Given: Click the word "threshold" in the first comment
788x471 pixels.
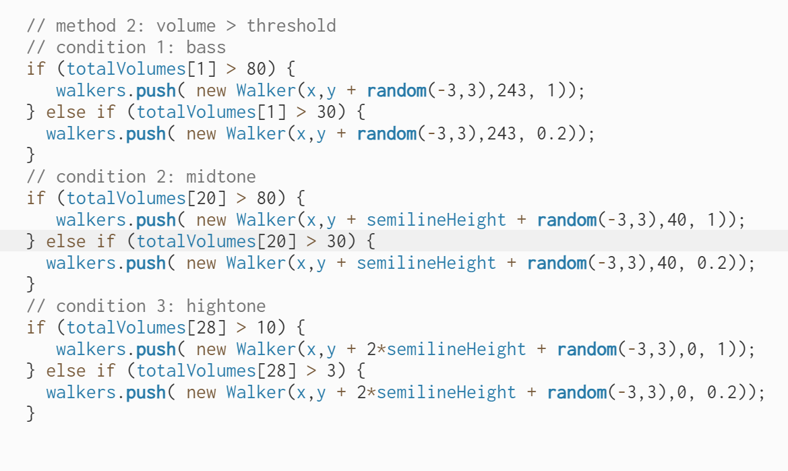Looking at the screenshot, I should (291, 26).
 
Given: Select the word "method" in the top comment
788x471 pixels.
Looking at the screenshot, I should (86, 26).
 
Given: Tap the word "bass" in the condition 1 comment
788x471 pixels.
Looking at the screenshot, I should (206, 47).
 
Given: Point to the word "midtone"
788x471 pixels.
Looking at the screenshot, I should (221, 177).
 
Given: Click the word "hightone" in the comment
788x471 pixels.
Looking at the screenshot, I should (226, 306).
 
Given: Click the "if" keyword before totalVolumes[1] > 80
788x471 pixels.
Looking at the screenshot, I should (36, 69).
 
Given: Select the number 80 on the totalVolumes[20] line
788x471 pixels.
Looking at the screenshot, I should (267, 198).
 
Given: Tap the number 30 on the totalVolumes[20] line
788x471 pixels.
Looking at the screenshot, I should (336, 241).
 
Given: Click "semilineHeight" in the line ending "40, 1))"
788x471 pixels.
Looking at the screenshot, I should (437, 220).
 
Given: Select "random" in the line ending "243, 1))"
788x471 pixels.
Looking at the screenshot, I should (396, 90).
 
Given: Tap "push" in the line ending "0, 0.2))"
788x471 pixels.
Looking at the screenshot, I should (146, 392).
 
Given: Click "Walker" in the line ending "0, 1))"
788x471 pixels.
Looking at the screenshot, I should (266, 349).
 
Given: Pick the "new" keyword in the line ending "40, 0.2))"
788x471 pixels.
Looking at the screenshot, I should (201, 263).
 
